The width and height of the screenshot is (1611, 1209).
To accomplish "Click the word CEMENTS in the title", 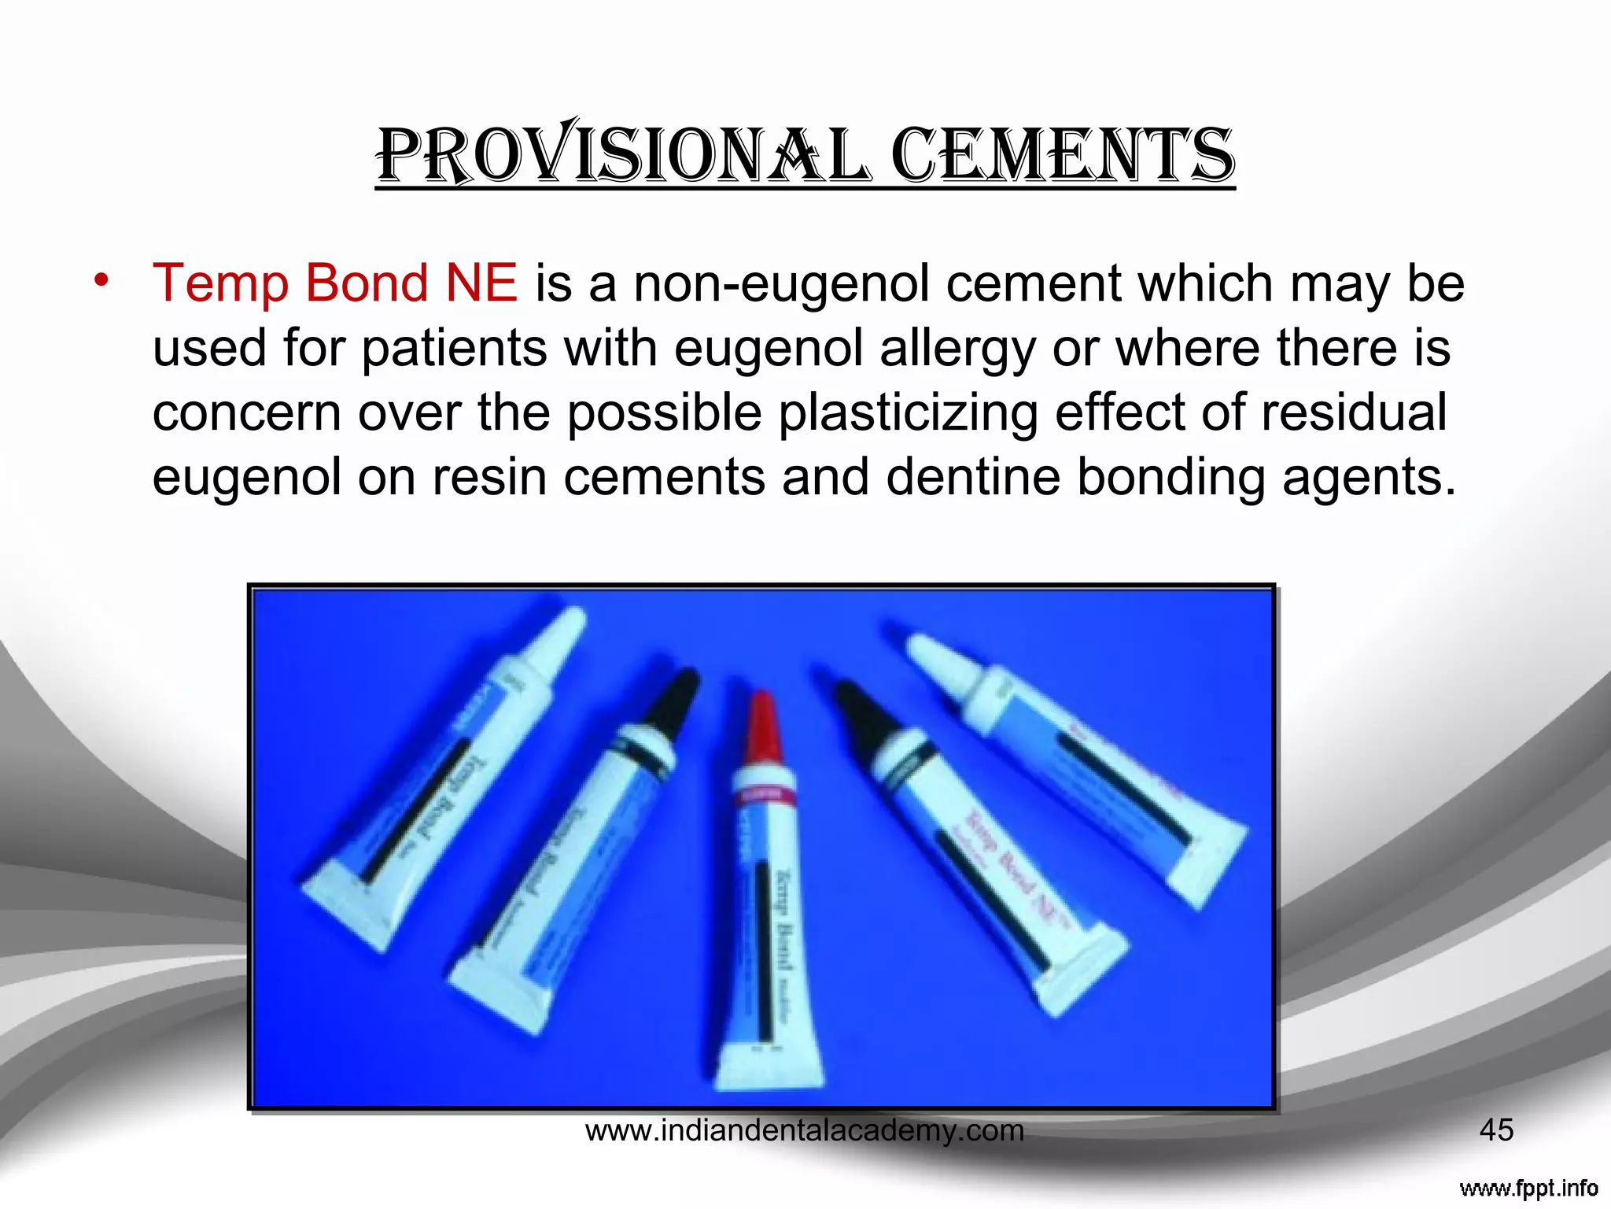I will tap(1062, 155).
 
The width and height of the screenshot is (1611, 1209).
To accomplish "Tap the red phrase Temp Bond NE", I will tap(335, 283).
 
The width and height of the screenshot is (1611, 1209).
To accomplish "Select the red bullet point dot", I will tap(100, 280).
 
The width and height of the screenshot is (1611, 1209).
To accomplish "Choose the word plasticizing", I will tap(908, 412).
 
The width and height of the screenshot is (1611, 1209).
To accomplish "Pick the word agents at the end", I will tap(1369, 479).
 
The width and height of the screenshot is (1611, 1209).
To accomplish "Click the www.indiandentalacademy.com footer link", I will tap(804, 1131).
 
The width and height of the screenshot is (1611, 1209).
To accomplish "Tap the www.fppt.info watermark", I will tap(1528, 1188).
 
